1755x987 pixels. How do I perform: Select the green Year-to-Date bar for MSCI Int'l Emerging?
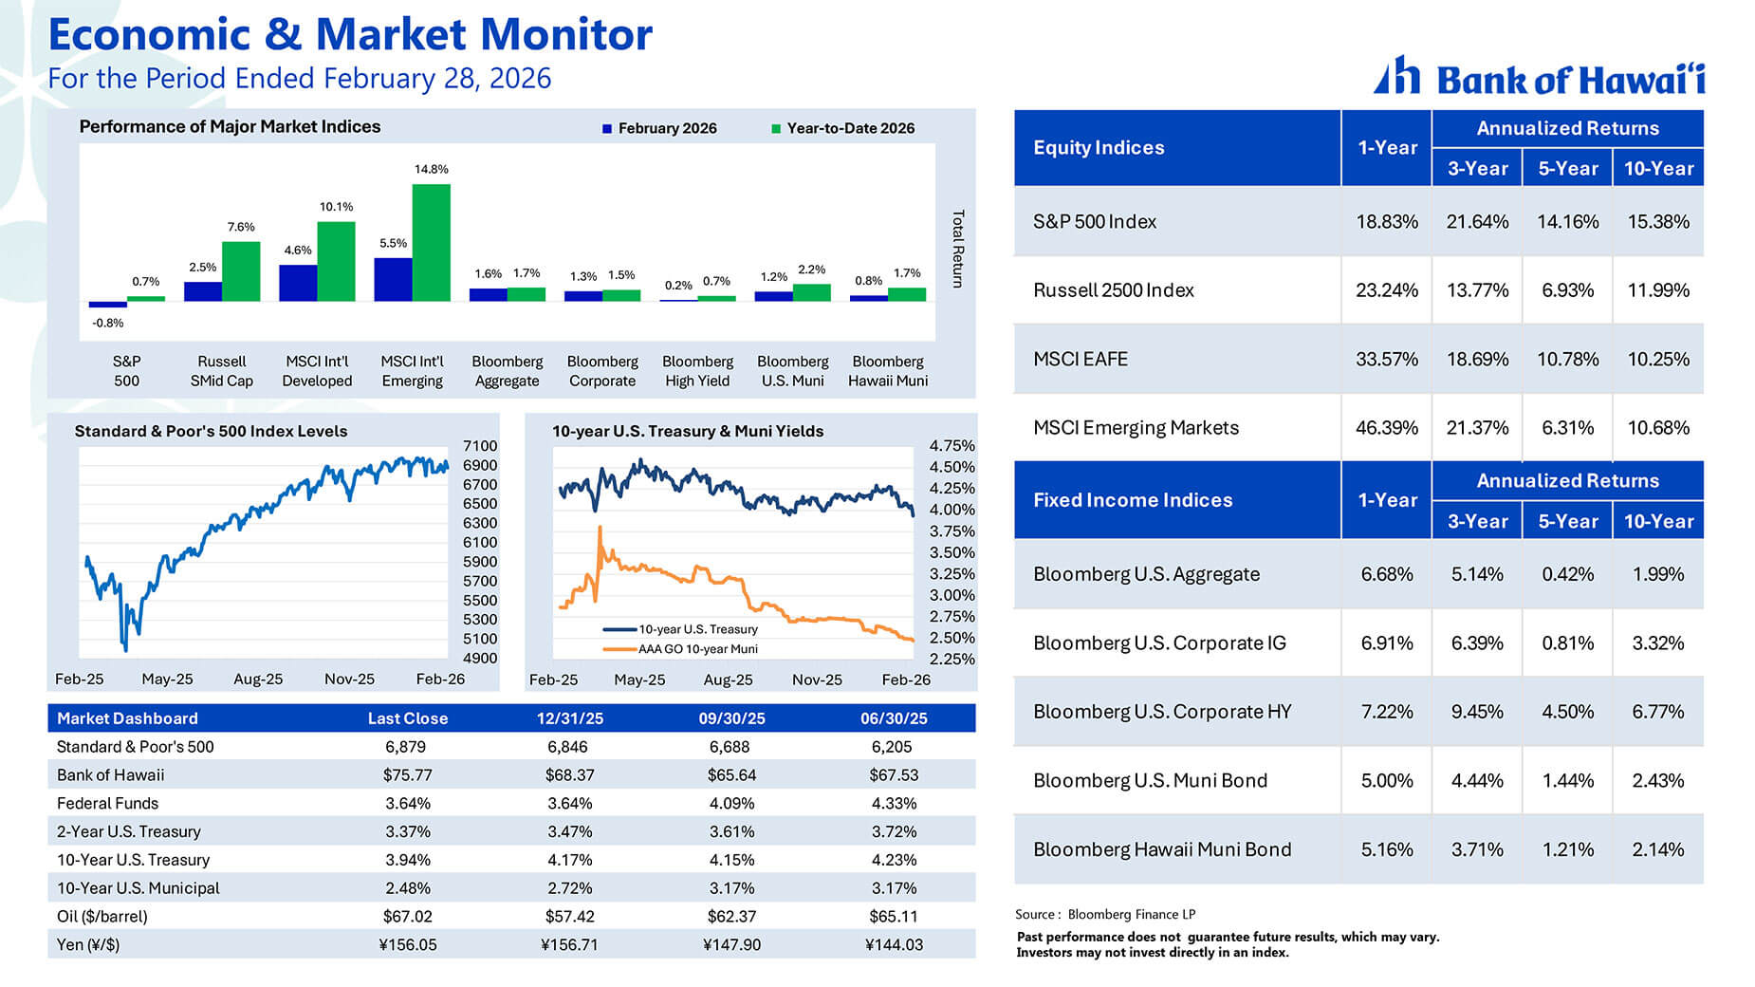coord(431,243)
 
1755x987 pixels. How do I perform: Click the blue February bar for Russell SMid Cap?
coord(202,291)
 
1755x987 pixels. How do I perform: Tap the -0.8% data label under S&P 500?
coord(107,323)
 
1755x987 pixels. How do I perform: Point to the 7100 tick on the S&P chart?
coord(480,446)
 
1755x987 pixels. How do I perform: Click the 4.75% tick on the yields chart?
coord(951,446)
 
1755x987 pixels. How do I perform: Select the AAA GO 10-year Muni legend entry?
coord(696,649)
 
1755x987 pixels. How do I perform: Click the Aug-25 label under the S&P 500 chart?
coord(258,680)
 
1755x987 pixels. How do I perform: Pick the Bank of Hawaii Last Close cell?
coord(407,775)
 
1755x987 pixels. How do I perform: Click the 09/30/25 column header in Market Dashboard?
coord(731,718)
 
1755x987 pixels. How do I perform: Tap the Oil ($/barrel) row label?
coord(102,917)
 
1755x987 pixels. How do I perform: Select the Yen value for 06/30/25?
coord(894,945)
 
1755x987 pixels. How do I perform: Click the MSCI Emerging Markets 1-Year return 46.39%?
coord(1386,428)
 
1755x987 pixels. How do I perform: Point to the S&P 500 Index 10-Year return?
coord(1657,222)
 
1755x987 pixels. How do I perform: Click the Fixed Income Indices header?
coord(1133,500)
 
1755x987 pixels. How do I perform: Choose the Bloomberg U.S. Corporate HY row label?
coord(1162,712)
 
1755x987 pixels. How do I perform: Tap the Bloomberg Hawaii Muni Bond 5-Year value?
coord(1567,849)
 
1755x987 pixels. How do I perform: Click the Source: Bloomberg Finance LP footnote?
coord(1105,915)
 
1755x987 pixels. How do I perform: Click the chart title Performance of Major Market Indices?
coord(230,127)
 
